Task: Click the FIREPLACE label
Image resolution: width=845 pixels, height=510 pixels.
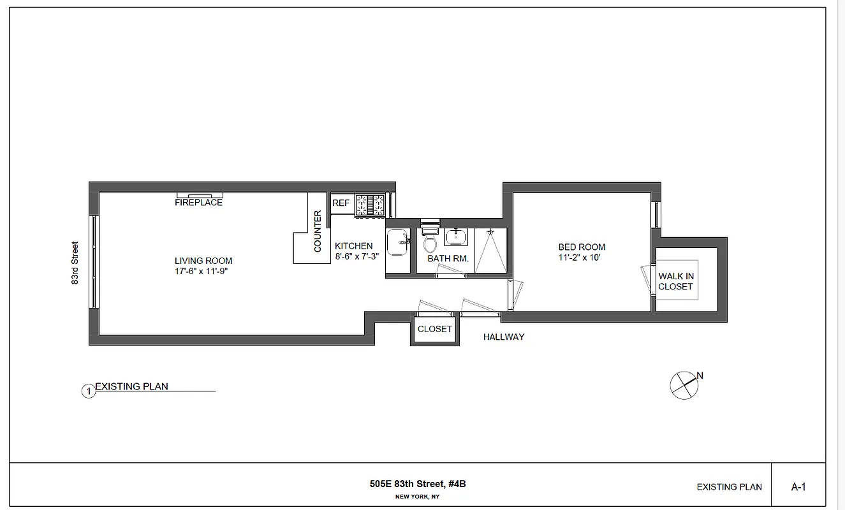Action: [x=198, y=203]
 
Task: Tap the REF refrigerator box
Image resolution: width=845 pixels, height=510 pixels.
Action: [x=341, y=203]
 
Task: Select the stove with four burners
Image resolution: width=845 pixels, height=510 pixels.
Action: [x=371, y=205]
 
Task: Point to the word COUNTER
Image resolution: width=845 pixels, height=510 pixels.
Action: [x=318, y=231]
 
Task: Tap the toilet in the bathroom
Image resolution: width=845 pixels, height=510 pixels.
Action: [x=430, y=242]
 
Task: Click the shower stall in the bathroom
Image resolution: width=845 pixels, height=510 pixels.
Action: [x=490, y=250]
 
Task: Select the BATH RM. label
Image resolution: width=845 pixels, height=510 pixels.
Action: [x=448, y=259]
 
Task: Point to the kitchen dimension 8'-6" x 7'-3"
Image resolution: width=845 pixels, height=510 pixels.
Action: [x=357, y=257]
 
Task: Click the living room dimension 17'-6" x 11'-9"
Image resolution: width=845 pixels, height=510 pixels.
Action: [x=203, y=272]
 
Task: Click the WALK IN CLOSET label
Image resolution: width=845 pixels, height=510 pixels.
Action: [x=676, y=281]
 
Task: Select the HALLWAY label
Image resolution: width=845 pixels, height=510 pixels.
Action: [x=503, y=337]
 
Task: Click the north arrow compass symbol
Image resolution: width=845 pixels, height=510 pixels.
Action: [x=683, y=385]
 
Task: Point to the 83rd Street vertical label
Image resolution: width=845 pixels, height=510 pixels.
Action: [x=75, y=262]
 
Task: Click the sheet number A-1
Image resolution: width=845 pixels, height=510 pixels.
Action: [x=798, y=487]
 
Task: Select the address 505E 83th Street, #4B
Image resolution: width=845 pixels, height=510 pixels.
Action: [x=418, y=484]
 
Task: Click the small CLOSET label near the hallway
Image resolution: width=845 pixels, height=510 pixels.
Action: [x=434, y=329]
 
